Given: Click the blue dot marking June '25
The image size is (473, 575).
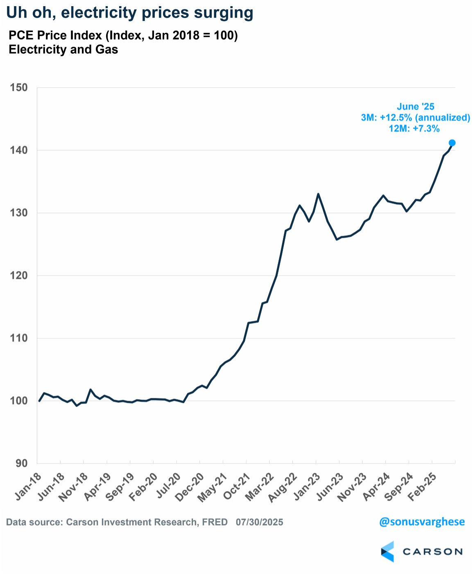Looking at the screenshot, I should [452, 143].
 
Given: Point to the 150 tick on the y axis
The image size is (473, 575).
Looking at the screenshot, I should [20, 88].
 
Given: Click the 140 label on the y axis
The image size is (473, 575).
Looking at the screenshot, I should [20, 151].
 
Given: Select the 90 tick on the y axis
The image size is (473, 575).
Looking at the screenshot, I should [22, 463].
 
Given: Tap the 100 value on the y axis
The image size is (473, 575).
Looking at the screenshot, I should [20, 401].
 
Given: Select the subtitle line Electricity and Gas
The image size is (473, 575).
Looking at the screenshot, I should [63, 50].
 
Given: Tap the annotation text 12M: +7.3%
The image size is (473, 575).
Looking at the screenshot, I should [414, 129].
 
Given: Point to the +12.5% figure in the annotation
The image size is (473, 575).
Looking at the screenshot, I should [396, 118].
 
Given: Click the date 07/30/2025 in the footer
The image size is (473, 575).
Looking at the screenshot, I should [259, 522].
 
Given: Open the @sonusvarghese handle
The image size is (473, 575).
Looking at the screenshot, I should [422, 522].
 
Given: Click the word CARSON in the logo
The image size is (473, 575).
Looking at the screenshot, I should [432, 552].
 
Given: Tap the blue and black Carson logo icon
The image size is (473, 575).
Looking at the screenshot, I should [387, 552].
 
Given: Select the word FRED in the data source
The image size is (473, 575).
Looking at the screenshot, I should [215, 522].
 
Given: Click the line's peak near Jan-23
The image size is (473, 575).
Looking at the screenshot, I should [318, 194].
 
